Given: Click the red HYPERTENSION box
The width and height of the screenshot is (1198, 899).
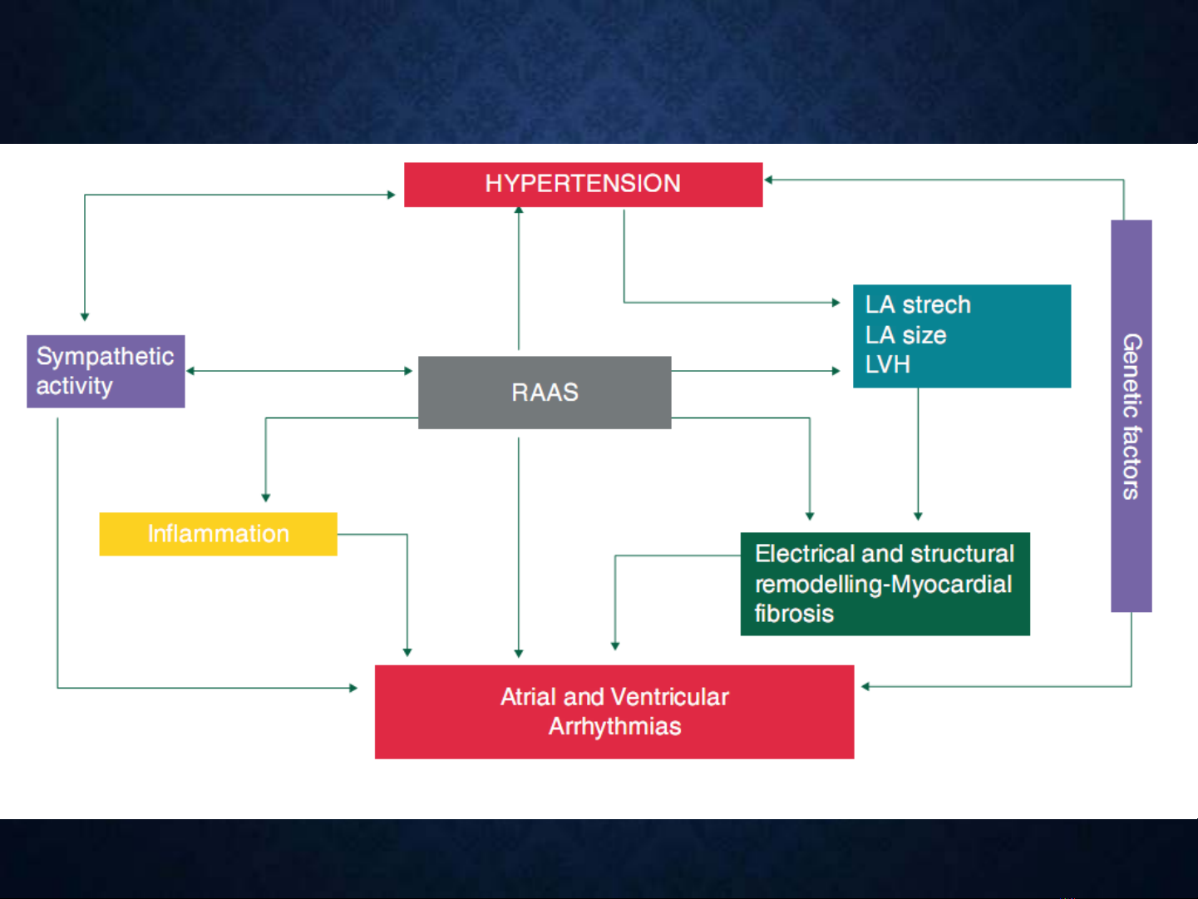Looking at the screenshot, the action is click(583, 185).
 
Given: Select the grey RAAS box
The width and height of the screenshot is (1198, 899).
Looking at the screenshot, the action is click(545, 393).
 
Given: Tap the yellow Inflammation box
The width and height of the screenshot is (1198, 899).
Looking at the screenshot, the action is click(219, 534).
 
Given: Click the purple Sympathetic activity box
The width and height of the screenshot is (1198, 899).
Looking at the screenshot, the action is click(106, 371).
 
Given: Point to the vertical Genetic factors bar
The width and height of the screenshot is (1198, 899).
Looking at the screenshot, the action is click(1131, 416).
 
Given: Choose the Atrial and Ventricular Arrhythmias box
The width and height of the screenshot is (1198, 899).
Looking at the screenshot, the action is click(614, 712).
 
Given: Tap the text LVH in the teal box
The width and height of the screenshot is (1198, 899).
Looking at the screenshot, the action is click(887, 364).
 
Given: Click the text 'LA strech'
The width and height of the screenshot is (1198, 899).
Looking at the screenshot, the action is click(918, 304).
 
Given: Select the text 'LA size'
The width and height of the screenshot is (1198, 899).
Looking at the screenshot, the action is click(905, 334).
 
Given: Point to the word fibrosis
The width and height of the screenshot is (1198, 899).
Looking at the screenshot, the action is click(794, 614).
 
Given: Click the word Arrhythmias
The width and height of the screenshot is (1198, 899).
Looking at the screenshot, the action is click(614, 727).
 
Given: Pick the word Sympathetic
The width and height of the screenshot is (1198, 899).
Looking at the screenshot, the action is click(105, 357).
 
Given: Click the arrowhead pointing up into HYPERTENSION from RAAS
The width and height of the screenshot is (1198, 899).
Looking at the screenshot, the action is click(519, 210).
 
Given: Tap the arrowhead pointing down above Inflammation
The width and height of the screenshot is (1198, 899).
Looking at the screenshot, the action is click(266, 498).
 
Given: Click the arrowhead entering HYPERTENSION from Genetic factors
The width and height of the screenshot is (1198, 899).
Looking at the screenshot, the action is click(768, 180).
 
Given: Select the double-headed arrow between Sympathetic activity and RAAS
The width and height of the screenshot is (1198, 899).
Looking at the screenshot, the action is click(299, 371).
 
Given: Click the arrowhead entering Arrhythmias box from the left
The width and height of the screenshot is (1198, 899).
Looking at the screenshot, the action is click(353, 688).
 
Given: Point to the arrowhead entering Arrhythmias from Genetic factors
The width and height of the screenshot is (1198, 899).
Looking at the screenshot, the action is click(865, 686).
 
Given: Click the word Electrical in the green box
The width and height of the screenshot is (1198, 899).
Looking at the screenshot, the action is click(805, 554).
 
